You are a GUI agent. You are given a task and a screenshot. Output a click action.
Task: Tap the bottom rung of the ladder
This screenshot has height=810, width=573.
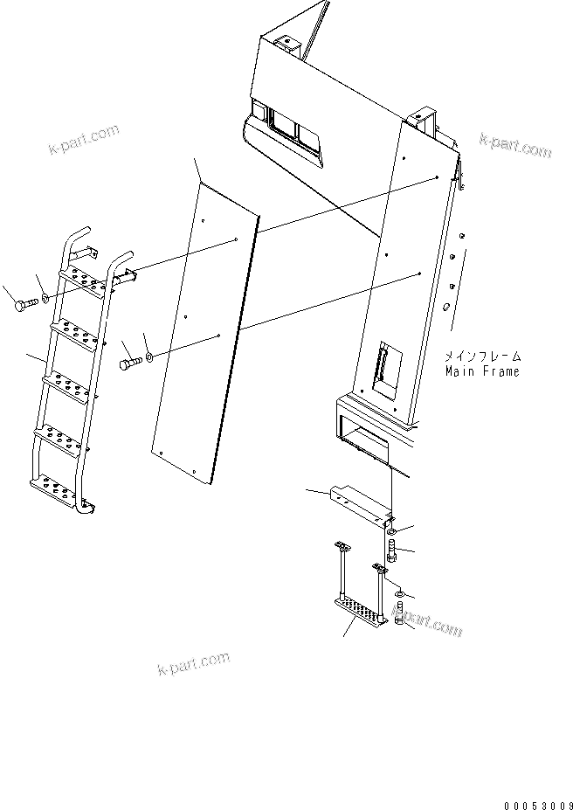(59, 485)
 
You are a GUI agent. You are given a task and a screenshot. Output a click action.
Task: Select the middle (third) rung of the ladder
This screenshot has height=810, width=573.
(72, 381)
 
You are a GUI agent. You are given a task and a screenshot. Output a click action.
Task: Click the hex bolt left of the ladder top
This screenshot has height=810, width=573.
(24, 304)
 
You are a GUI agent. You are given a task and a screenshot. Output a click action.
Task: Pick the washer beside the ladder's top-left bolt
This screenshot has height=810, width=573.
(45, 300)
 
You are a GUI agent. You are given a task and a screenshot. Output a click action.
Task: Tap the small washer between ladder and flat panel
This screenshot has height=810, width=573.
(151, 357)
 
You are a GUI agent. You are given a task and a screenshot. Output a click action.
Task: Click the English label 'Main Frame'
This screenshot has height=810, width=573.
(481, 370)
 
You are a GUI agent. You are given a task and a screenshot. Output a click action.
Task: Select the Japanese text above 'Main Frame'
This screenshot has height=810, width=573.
(481, 356)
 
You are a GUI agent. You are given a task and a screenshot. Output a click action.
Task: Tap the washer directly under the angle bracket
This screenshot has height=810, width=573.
(393, 531)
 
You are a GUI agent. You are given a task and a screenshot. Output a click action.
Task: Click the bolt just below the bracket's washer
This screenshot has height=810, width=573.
(392, 551)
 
